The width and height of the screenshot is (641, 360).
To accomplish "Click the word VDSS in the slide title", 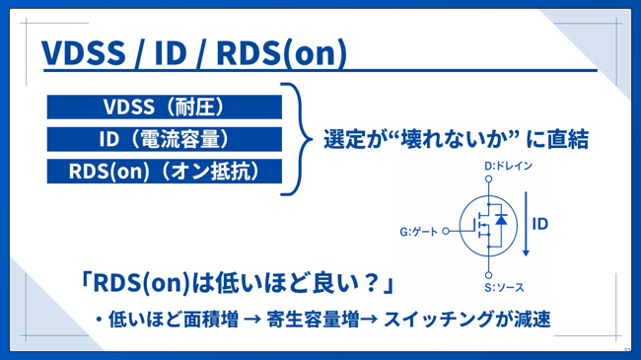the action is tap(84, 53).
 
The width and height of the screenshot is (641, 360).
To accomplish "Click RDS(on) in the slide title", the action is tap(282, 53).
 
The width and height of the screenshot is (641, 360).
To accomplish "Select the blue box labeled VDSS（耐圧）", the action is tap(165, 107).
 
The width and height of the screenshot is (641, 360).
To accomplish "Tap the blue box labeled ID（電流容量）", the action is tap(165, 139).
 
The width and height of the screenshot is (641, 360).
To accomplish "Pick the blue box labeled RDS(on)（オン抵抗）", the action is tap(165, 171).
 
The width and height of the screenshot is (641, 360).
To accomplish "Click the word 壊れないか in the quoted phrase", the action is tap(456, 139).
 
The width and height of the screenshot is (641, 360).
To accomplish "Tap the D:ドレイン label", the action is tap(508, 166).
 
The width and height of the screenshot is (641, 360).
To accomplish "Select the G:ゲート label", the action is tap(418, 232).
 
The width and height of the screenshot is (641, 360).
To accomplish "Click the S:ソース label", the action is tap(504, 288).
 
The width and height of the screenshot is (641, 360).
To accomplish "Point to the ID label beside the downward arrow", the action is tap(540, 224).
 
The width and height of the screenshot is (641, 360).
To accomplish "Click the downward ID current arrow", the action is tap(527, 224).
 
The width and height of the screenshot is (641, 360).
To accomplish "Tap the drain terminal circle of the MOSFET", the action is tap(488, 179).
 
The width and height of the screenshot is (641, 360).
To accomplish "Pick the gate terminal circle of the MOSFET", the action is tap(446, 231).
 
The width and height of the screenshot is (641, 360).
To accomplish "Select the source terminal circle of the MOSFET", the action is tap(488, 275).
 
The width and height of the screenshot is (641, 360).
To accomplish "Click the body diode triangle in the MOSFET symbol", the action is tap(501, 220).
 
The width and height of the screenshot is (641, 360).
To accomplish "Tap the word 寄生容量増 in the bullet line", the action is tap(313, 320).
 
